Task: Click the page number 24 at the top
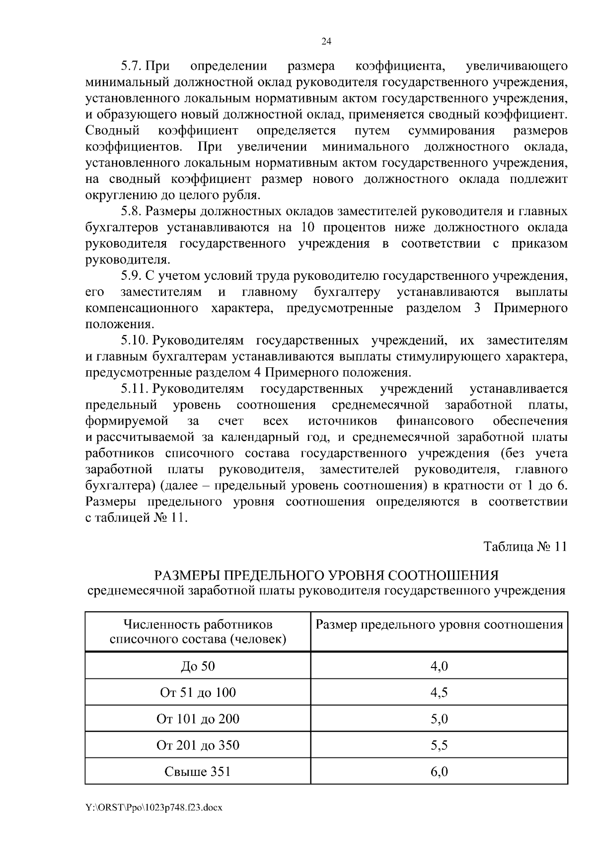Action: (x=326, y=42)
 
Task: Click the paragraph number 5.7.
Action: (x=132, y=66)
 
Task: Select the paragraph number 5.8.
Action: (x=132, y=212)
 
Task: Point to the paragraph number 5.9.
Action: (x=132, y=276)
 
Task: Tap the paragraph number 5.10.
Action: (x=135, y=340)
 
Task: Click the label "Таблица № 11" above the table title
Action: (x=525, y=547)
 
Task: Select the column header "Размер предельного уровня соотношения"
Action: (x=439, y=625)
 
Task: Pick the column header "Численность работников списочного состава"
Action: (x=198, y=631)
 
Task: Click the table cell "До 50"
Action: (x=198, y=666)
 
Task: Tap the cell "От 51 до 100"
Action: (x=198, y=692)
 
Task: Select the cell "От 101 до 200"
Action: (x=198, y=719)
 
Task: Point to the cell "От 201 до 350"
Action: (x=198, y=745)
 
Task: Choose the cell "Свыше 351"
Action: (x=198, y=771)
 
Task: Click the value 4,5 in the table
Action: (x=439, y=692)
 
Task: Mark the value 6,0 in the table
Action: (x=439, y=771)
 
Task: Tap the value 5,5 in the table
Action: (x=439, y=745)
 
